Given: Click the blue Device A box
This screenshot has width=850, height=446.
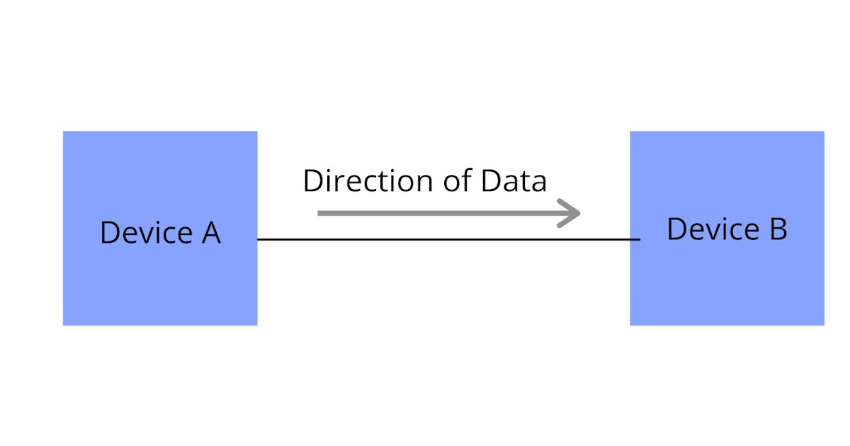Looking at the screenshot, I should point(160,283).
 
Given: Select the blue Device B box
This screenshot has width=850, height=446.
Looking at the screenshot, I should point(727,283).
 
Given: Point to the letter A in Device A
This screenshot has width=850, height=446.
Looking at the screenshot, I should point(211,233).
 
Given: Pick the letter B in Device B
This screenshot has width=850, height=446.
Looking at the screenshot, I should point(778,229).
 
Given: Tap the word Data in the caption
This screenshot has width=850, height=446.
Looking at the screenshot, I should point(514,181).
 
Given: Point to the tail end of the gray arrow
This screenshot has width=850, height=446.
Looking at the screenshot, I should point(320,212).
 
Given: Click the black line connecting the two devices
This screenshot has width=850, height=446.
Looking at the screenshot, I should point(446,239).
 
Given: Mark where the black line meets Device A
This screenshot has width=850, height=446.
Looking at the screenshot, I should point(258,239).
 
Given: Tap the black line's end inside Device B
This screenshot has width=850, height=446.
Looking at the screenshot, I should point(639,239).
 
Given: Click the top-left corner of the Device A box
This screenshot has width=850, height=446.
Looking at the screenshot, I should point(64,132).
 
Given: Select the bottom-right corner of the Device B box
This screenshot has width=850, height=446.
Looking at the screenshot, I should point(824,325).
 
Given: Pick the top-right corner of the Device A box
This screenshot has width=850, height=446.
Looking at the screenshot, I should point(256,132).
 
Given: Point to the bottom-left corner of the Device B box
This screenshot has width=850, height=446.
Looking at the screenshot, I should point(631,325).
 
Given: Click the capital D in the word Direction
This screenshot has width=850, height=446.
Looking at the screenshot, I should point(312,181).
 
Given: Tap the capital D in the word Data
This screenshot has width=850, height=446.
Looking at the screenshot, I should point(490,181).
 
